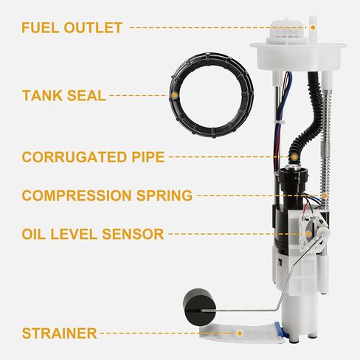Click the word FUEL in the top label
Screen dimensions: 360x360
41,29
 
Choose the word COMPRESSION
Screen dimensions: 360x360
79,195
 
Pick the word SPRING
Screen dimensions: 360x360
166,195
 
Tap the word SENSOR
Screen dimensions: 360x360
136,234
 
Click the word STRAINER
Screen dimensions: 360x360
59,333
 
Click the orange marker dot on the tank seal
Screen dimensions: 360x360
174,95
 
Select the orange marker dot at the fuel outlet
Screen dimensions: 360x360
312,28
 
